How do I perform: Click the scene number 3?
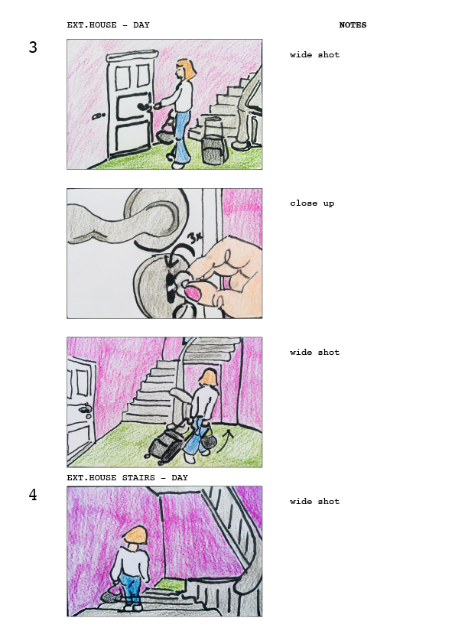coord(33,47)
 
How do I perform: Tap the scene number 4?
coord(33,495)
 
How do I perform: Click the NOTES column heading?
coord(353,25)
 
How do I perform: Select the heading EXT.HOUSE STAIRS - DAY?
coord(127,478)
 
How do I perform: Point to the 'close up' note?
coord(312,203)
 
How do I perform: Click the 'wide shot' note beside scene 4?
coord(314,501)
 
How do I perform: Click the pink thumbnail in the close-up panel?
coord(193,294)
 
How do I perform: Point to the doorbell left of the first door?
coord(99,116)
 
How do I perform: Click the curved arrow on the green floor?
coord(225,441)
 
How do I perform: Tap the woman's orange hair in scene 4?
coord(135,535)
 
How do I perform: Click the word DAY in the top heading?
coord(141,25)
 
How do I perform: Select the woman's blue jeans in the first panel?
coord(182,136)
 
